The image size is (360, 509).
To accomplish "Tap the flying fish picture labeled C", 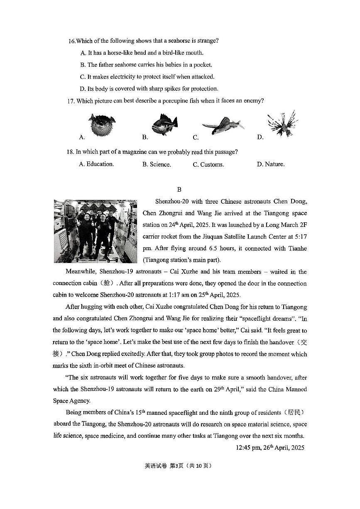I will (x=223, y=126).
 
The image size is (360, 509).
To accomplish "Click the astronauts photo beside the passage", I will (x=96, y=231).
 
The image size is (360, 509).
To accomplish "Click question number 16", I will (x=72, y=41).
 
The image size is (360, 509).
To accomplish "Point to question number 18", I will (x=71, y=152).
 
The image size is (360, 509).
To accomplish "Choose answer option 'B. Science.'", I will (x=157, y=164).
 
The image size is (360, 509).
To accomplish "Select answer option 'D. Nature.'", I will (x=271, y=164).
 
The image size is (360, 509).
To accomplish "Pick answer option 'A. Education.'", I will (x=96, y=164).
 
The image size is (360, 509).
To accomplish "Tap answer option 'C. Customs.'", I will (x=208, y=164).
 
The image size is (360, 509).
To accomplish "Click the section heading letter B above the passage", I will (x=179, y=190).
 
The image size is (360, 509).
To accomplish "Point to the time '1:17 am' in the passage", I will (x=180, y=295).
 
